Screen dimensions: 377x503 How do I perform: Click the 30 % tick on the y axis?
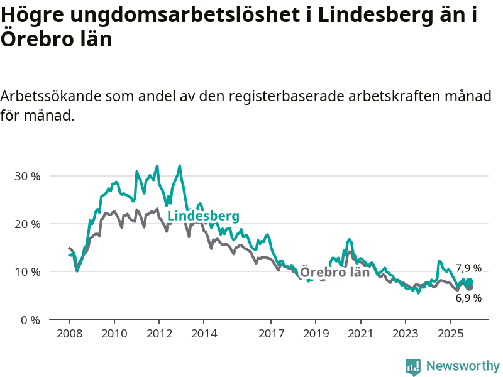pos(27,176)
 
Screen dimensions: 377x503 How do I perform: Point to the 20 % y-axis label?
pos(27,224)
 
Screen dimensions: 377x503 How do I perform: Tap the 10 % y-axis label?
pos(27,271)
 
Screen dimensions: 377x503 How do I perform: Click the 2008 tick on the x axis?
pos(69,332)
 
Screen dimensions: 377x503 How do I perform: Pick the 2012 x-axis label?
pos(159,332)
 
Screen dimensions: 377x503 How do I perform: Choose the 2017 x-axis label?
pos(271,332)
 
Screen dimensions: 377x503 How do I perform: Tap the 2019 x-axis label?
pos(316,332)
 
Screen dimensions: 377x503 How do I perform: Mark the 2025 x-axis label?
pos(450,332)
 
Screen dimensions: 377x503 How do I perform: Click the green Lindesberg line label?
pos(203,216)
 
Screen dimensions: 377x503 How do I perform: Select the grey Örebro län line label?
pos(334,272)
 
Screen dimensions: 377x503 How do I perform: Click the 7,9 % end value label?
pos(468,268)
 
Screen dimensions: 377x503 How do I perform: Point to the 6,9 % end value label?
pos(468,298)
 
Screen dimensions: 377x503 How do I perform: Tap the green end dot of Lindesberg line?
pos(469,281)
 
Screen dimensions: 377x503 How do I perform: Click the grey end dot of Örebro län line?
pos(469,287)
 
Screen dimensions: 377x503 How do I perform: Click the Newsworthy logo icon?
pos(413,367)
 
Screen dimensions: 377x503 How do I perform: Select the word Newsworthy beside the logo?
pos(463,366)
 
